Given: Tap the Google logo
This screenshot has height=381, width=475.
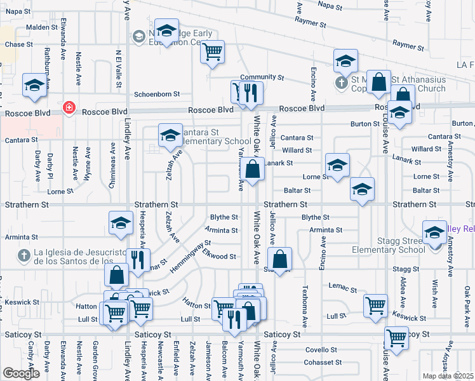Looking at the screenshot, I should [21, 373].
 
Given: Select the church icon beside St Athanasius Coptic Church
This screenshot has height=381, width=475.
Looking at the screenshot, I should [340, 82].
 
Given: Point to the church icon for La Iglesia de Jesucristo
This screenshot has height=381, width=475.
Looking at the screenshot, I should [24, 256].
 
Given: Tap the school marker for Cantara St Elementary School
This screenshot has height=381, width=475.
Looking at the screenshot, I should [170, 135].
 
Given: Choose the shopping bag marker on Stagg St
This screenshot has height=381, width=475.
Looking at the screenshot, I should [279, 258].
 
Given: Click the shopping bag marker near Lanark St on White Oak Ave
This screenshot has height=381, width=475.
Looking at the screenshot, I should [253, 170].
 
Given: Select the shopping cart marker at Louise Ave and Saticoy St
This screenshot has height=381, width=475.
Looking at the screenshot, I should [396, 338].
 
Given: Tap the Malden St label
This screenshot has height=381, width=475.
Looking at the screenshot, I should [42, 28].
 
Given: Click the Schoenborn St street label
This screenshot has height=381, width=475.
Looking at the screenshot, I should [156, 94].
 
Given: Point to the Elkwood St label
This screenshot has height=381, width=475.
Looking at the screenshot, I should [220, 257].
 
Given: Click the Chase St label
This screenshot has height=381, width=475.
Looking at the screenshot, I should [18, 44].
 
